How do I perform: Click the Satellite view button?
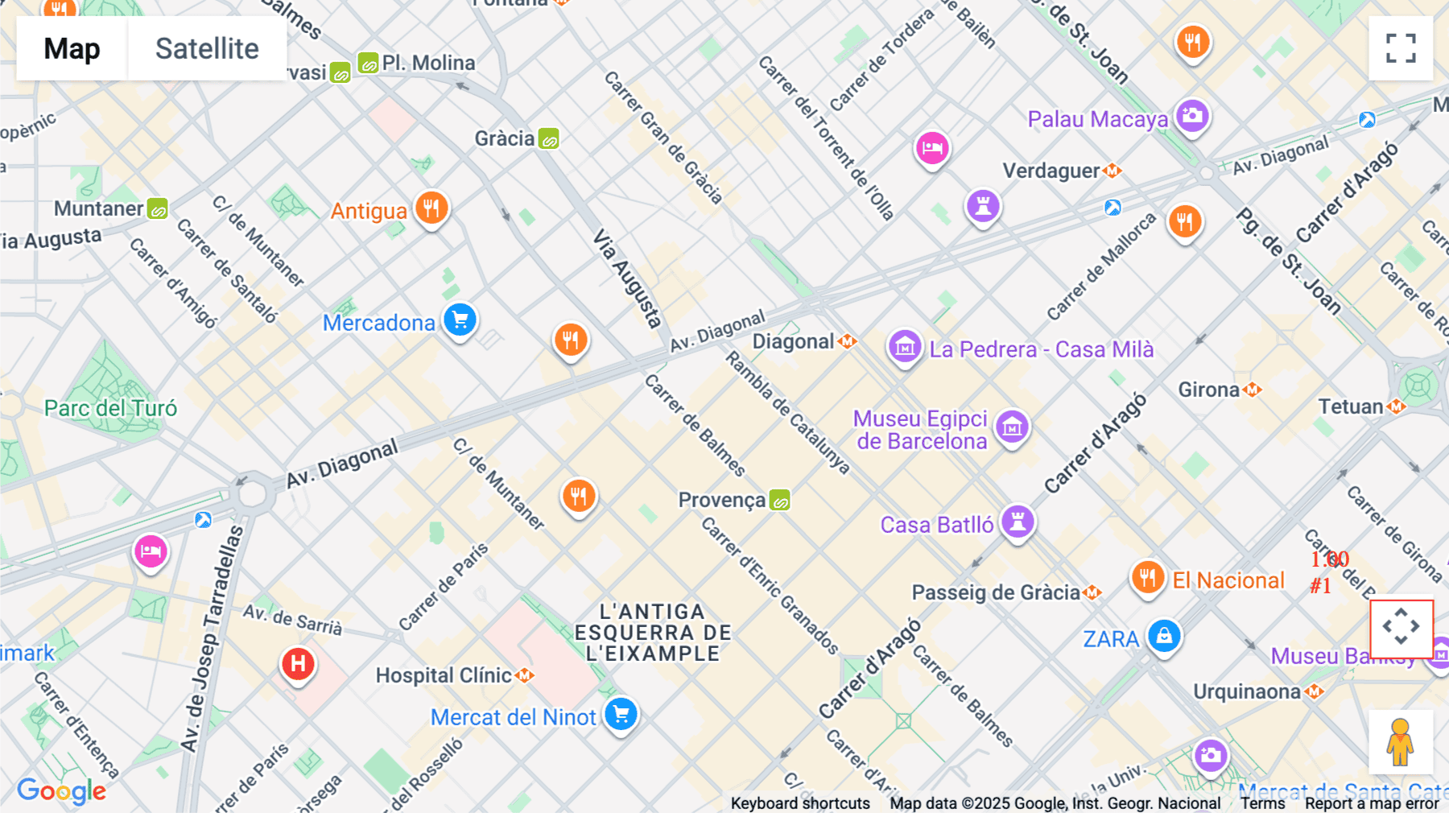207,48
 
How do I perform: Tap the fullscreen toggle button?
1401,48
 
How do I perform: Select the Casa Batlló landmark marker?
1018,522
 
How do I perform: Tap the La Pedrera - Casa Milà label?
1041,349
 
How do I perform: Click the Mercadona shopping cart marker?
460,320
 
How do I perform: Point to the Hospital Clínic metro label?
444,675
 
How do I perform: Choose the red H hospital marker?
298,665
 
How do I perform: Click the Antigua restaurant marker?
431,208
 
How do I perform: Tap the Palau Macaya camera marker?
1192,116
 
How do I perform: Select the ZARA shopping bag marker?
1164,637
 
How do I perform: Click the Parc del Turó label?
110,408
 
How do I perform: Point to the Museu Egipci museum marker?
1012,427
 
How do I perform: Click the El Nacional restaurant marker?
1148,577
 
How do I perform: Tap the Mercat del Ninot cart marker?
621,714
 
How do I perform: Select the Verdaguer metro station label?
1051,171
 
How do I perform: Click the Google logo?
61,791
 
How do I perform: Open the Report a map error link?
1372,803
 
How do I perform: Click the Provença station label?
722,500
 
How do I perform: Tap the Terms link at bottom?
1262,803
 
